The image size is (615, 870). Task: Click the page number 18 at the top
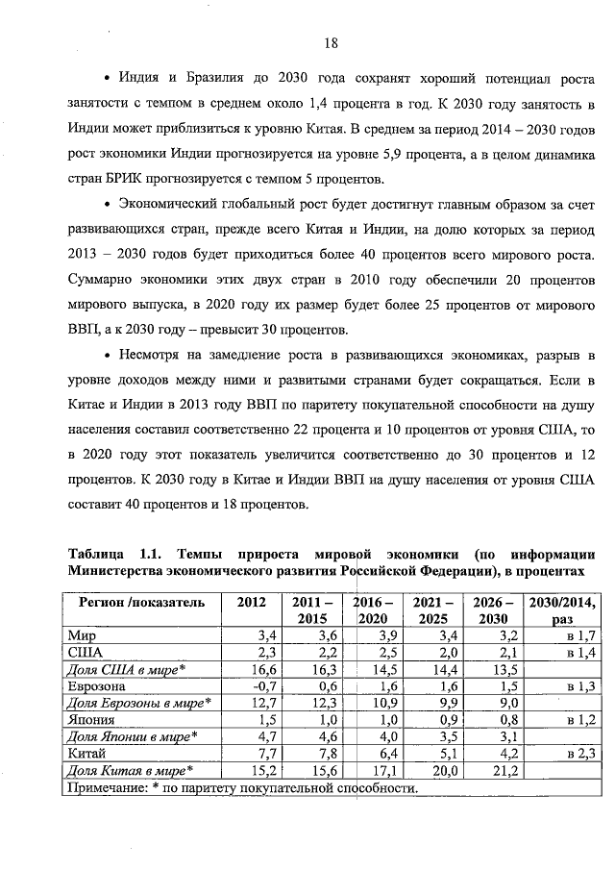pos(331,43)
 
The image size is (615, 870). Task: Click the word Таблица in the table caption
pos(96,555)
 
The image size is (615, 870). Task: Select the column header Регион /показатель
pos(135,603)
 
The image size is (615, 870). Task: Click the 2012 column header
pos(251,603)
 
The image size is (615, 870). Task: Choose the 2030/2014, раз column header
pos(560,610)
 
